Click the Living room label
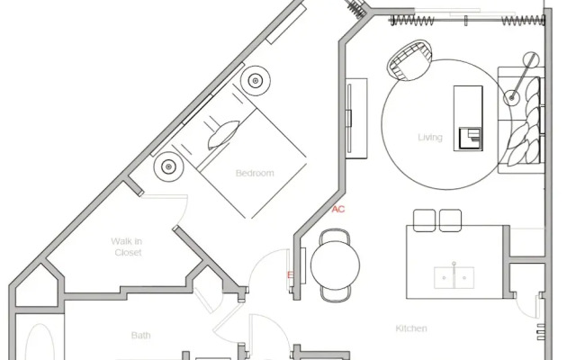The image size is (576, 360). [x=430, y=138]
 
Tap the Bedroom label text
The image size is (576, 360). [x=255, y=173]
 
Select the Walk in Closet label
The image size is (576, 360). [x=127, y=247]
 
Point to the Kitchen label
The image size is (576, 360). [x=411, y=328]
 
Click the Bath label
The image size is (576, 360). [x=140, y=335]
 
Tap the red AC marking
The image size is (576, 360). [x=338, y=210]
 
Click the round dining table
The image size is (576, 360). [x=335, y=265]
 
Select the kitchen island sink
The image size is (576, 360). [x=454, y=277]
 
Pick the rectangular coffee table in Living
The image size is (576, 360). [x=468, y=118]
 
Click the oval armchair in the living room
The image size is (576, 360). [x=409, y=60]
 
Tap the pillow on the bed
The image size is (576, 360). [x=223, y=135]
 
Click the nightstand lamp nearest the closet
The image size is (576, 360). [x=168, y=166]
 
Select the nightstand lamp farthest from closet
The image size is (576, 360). [x=256, y=81]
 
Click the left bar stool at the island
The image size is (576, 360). [x=424, y=220]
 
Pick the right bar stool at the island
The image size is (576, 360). [x=450, y=220]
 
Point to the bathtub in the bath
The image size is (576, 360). [x=40, y=342]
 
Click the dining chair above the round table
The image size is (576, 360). [x=335, y=236]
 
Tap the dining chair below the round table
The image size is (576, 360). [x=336, y=294]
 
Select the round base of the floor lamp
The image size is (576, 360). [x=512, y=98]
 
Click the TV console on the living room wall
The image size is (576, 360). [x=356, y=118]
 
